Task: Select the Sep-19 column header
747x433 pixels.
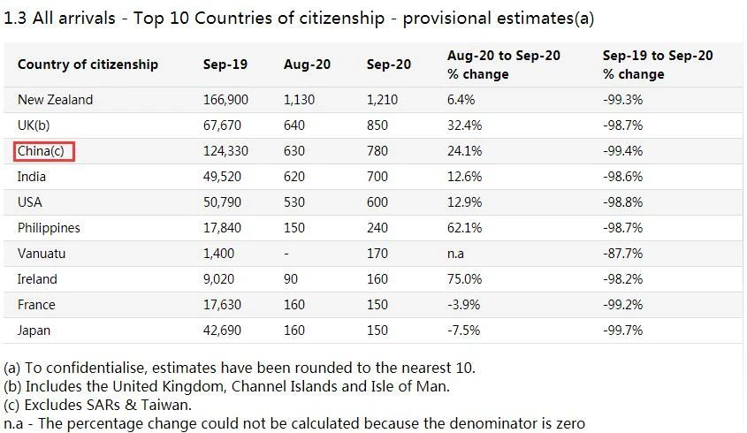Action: pyautogui.click(x=225, y=64)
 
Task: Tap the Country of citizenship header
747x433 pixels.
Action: pyautogui.click(x=88, y=64)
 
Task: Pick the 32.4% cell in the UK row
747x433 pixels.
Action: pyautogui.click(x=465, y=125)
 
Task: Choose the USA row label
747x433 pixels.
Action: pyautogui.click(x=30, y=202)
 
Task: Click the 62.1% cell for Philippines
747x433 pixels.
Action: pyautogui.click(x=465, y=228)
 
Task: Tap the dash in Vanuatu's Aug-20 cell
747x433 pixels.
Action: pyautogui.click(x=286, y=254)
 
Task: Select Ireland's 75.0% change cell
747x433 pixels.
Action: pyautogui.click(x=465, y=279)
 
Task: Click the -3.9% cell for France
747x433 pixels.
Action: pyautogui.click(x=464, y=305)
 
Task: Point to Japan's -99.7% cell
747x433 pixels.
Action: pyautogui.click(x=622, y=330)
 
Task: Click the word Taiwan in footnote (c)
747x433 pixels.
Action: pyautogui.click(x=168, y=406)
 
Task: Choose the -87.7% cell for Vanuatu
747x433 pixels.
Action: pyautogui.click(x=622, y=254)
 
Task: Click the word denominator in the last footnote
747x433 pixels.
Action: pyautogui.click(x=496, y=424)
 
